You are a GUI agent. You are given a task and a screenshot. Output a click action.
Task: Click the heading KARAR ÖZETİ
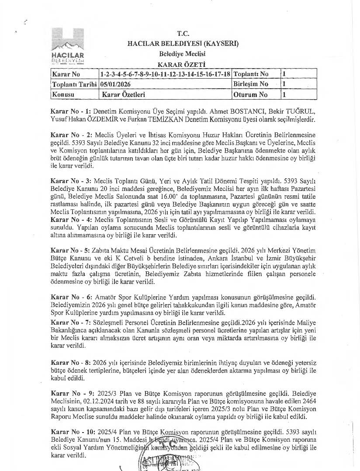182,64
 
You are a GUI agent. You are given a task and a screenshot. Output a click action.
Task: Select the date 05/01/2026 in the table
115,84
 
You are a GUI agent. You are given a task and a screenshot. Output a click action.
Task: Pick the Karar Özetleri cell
124,94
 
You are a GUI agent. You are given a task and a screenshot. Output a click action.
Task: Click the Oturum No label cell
250,94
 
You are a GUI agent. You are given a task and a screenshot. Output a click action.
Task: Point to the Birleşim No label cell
251,84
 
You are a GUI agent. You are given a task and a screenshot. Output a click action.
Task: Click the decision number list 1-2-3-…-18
165,74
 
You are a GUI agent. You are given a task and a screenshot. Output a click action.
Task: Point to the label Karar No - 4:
70,219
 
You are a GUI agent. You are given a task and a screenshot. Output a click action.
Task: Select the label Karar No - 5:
70,251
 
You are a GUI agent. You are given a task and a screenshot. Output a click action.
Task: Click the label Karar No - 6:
70,297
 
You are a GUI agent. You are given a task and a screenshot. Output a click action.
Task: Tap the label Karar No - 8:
70,363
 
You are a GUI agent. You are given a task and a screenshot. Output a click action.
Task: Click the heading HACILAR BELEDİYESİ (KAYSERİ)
183,44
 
